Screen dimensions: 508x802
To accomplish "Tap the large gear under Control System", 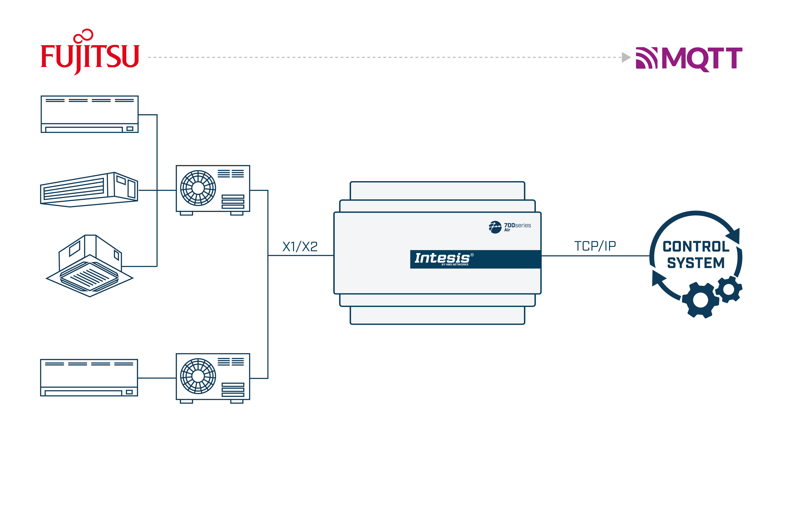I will click(700, 300).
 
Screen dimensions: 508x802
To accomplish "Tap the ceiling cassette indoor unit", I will click(89, 267).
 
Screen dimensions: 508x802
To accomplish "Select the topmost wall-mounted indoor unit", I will click(89, 114).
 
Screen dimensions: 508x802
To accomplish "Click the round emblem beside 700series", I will click(495, 227).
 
